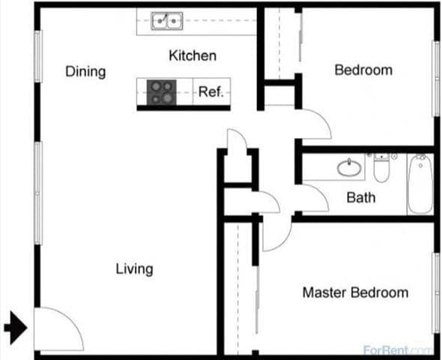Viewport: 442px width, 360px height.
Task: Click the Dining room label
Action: pyautogui.click(x=85, y=72)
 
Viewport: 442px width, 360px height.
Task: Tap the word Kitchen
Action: pyautogui.click(x=193, y=55)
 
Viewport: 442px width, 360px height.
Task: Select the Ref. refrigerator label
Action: pyautogui.click(x=211, y=93)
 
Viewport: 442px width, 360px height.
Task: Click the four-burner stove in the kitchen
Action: pyautogui.click(x=159, y=92)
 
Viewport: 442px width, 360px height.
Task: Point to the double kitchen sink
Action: pyautogui.click(x=166, y=21)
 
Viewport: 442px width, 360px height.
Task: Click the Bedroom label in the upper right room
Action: pyautogui.click(x=363, y=70)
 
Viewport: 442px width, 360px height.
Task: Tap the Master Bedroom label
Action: pyautogui.click(x=355, y=292)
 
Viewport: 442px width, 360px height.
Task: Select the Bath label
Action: pyautogui.click(x=361, y=198)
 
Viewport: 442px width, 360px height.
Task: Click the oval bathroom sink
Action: pyautogui.click(x=349, y=168)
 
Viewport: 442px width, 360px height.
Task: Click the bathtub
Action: pyautogui.click(x=420, y=184)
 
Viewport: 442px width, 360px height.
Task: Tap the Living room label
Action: pyautogui.click(x=134, y=268)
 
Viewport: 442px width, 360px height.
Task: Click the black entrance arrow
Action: pyautogui.click(x=16, y=327)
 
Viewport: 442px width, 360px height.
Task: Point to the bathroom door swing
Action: pyautogui.click(x=312, y=196)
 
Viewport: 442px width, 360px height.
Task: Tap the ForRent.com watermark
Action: pyautogui.click(x=397, y=350)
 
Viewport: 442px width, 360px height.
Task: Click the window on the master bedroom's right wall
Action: pyautogui.click(x=435, y=292)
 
